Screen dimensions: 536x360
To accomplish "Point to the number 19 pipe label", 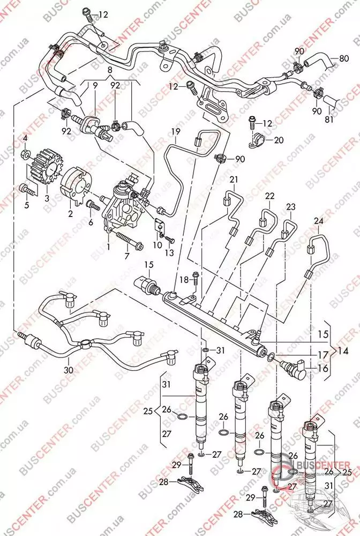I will click(x=175, y=131).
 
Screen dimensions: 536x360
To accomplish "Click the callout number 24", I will click(x=318, y=220).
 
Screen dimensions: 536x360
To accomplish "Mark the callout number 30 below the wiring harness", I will click(x=68, y=369).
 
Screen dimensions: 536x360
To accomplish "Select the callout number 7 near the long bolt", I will click(x=127, y=257).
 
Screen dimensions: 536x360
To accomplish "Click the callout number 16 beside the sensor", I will click(x=323, y=369).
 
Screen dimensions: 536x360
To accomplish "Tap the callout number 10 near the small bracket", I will click(x=156, y=245).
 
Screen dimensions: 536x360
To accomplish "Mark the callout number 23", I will click(x=291, y=207).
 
